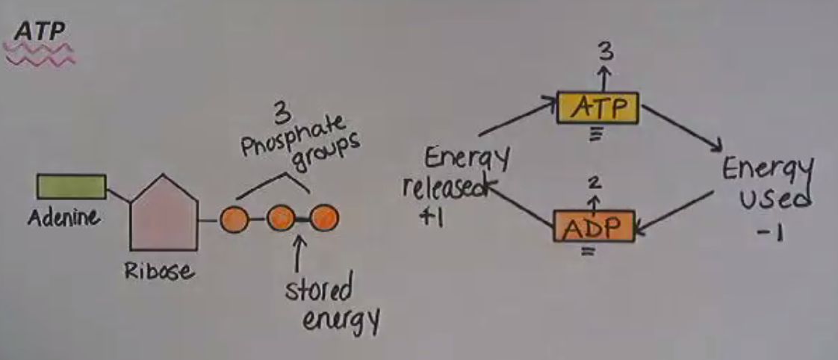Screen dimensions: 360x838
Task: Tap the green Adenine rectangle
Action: click(x=71, y=186)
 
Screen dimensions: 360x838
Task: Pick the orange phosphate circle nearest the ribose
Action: click(x=233, y=219)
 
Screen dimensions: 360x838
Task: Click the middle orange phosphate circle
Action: click(x=280, y=219)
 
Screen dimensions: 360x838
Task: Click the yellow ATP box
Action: click(x=598, y=109)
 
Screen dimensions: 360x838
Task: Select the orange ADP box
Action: click(x=593, y=226)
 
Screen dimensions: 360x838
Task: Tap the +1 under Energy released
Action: click(x=433, y=220)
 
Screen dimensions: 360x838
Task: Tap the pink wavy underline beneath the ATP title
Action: click(x=39, y=55)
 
